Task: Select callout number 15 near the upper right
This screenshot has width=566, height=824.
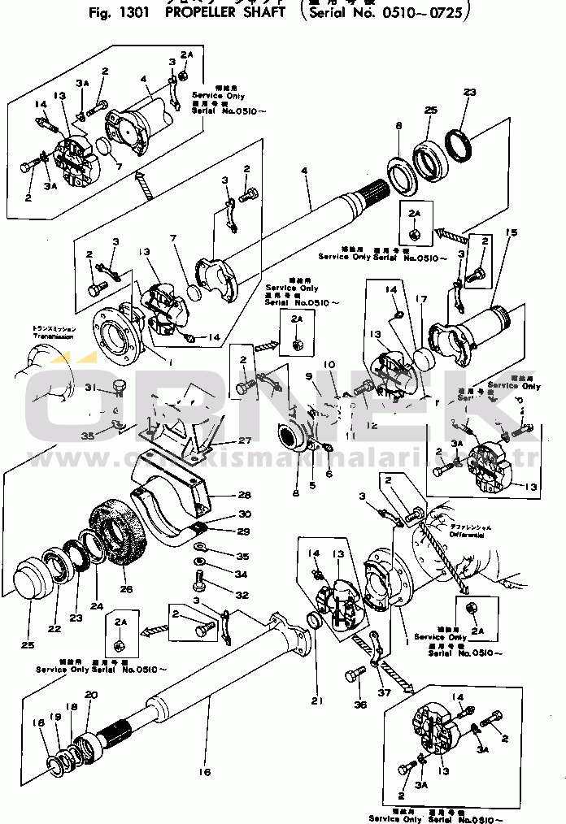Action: (x=511, y=234)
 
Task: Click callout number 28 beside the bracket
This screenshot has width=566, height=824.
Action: (x=243, y=495)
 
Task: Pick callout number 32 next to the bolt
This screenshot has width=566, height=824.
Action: (x=242, y=595)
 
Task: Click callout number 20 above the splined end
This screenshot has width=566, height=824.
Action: (x=90, y=695)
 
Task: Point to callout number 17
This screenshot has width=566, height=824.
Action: (x=420, y=299)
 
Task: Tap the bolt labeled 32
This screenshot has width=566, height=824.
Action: (x=199, y=580)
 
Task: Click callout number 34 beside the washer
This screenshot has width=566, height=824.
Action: (x=242, y=575)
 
